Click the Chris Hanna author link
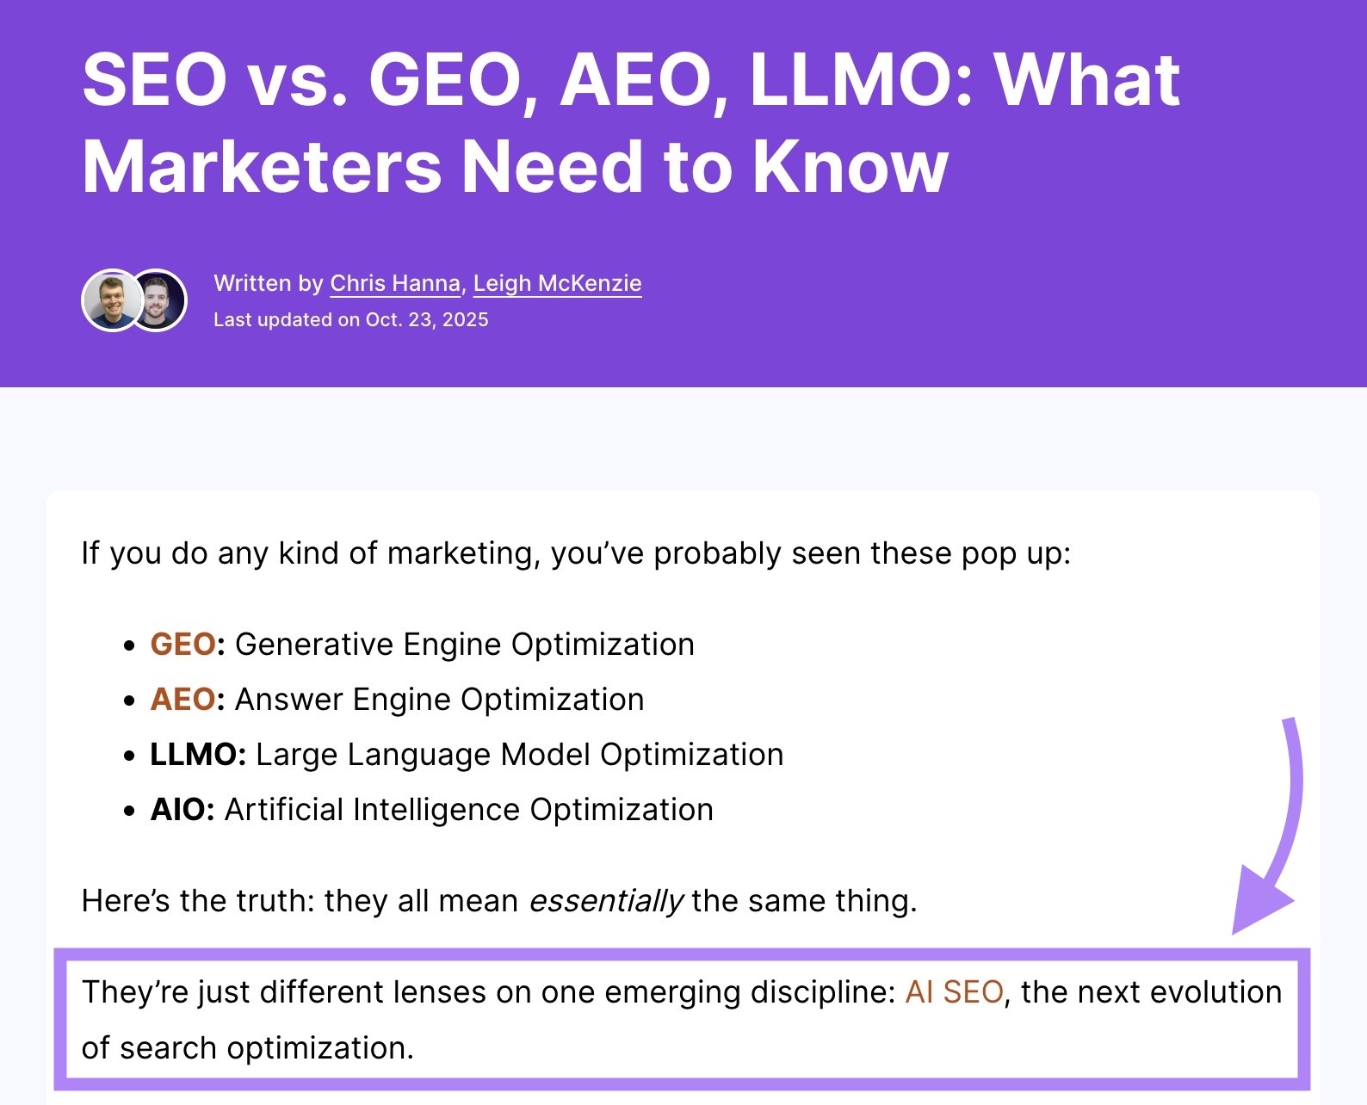coord(395,283)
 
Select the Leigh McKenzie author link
coord(557,283)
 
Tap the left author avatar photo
coord(112,300)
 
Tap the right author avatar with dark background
coord(158,300)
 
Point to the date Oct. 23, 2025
coord(427,320)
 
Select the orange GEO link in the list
coord(182,644)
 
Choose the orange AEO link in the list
coord(182,699)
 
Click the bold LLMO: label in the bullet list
coord(198,754)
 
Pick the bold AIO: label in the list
coord(182,809)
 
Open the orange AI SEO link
coord(954,991)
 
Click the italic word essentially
coord(606,901)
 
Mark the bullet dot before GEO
coord(130,645)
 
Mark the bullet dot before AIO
coord(130,810)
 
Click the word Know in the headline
coord(851,167)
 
